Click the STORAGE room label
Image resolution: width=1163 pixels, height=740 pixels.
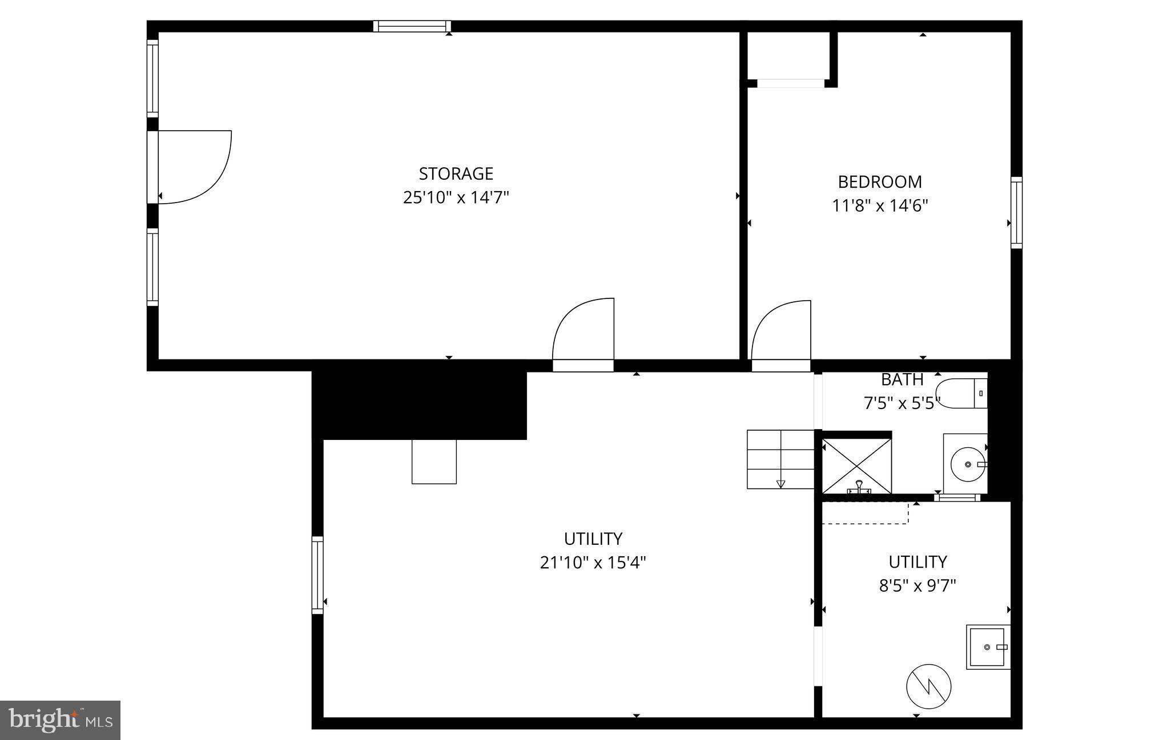click(x=456, y=173)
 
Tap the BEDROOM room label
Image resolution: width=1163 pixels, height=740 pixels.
click(x=879, y=182)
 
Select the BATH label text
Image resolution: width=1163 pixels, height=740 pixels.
click(x=902, y=379)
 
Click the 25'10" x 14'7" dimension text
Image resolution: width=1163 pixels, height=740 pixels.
click(x=456, y=198)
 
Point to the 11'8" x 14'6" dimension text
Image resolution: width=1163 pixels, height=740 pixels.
click(x=879, y=206)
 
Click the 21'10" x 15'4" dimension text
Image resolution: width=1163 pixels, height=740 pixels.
click(x=593, y=563)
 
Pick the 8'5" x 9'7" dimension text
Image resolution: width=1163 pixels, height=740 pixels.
click(x=917, y=586)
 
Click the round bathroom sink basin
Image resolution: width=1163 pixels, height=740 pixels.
click(x=967, y=464)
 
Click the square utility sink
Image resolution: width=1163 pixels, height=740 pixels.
click(x=987, y=647)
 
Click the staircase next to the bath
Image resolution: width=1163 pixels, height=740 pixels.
click(x=780, y=459)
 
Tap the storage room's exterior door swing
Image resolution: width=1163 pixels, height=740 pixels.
click(x=194, y=167)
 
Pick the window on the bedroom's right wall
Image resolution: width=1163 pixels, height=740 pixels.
click(x=1016, y=212)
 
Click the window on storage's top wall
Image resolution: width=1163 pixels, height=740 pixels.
click(x=412, y=26)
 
